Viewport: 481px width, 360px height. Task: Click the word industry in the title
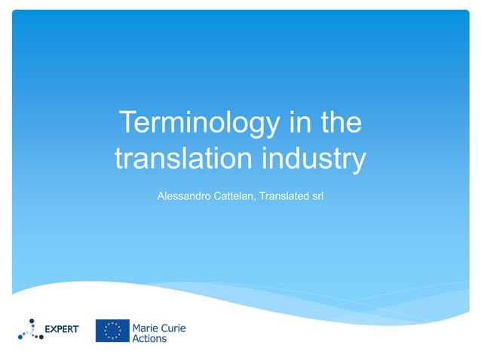pyautogui.click(x=317, y=160)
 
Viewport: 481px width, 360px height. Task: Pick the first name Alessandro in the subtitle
pyautogui.click(x=183, y=196)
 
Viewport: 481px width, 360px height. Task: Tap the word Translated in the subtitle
pyautogui.click(x=285, y=196)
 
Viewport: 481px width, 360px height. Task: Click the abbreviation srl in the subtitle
pyautogui.click(x=317, y=196)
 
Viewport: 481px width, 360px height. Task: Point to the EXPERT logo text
pyautogui.click(x=63, y=329)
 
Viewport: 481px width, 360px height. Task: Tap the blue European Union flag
pyautogui.click(x=111, y=331)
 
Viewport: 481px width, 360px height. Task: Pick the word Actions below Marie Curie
pyautogui.click(x=149, y=339)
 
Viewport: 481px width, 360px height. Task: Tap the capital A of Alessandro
pyautogui.click(x=160, y=196)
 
